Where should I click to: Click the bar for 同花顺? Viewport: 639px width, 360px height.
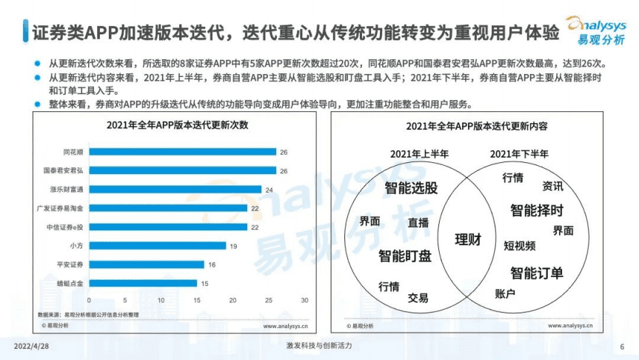pyautogui.click(x=182, y=152)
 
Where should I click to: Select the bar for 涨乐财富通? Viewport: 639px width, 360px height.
pyautogui.click(x=175, y=189)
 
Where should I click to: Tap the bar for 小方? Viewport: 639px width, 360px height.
pyautogui.click(x=157, y=245)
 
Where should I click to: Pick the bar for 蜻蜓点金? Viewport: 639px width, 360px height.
pyautogui.click(x=143, y=283)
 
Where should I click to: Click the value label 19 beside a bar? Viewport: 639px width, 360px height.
pyautogui.click(x=232, y=245)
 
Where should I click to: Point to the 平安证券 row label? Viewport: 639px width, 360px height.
pyautogui.click(x=71, y=264)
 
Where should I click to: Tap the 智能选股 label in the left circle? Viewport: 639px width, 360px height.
pyautogui.click(x=411, y=188)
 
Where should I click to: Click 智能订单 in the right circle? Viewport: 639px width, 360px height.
pyautogui.click(x=537, y=273)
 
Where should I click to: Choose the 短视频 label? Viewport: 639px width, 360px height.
pyautogui.click(x=520, y=244)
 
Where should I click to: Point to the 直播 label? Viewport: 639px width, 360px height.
pyautogui.click(x=418, y=221)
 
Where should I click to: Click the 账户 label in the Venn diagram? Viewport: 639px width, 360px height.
pyautogui.click(x=504, y=293)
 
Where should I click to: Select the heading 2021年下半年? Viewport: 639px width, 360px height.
pyautogui.click(x=519, y=154)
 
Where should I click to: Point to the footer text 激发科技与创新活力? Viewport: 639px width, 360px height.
pyautogui.click(x=319, y=346)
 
